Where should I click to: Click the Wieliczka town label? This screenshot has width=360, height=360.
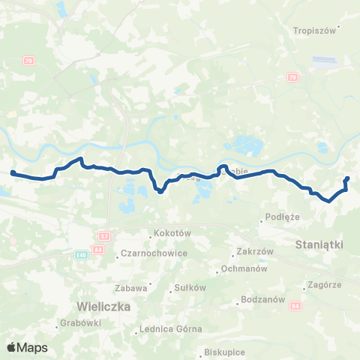pos(104,307)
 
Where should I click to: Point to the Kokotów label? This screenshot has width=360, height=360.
pos(173,233)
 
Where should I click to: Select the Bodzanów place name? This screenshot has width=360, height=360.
pos(260,302)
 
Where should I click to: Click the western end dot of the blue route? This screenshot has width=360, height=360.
pos(13,173)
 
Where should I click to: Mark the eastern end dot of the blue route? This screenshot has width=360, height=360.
pos(347,178)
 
